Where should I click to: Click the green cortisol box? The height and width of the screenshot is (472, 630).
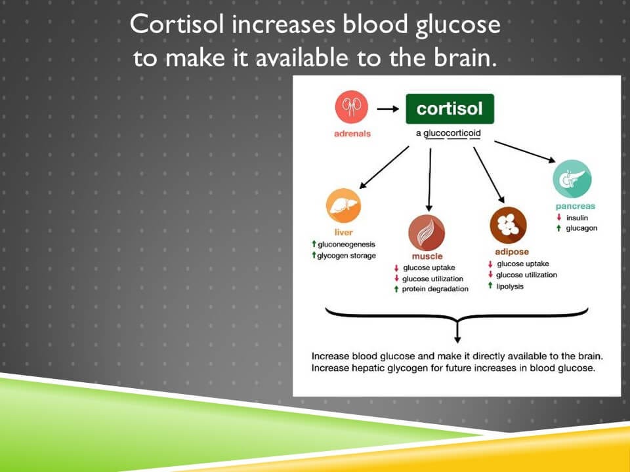pyautogui.click(x=450, y=109)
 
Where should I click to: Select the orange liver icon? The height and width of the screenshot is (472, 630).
pyautogui.click(x=343, y=206)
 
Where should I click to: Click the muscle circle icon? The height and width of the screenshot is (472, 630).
pyautogui.click(x=427, y=233)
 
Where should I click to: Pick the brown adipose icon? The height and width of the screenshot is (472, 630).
pyautogui.click(x=508, y=226)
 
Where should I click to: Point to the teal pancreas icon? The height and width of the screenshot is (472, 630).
pyautogui.click(x=572, y=179)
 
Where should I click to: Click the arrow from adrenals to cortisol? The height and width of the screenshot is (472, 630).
pyautogui.click(x=388, y=109)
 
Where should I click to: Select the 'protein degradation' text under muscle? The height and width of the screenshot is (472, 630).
pyautogui.click(x=436, y=289)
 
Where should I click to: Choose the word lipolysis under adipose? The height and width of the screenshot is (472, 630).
pyautogui.click(x=511, y=286)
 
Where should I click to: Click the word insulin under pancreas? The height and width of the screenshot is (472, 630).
pyautogui.click(x=577, y=218)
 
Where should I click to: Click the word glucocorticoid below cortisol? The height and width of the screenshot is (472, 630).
pyautogui.click(x=452, y=133)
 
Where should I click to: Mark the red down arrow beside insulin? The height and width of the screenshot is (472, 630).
pyautogui.click(x=558, y=218)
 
